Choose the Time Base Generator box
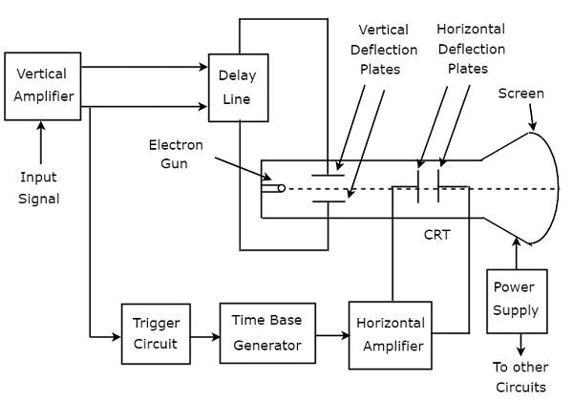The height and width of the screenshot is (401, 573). tap(266, 333)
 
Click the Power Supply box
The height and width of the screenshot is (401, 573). tap(516, 300)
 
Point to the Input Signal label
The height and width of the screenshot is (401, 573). tap(39, 187)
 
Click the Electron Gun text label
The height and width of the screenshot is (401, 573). tap(175, 154)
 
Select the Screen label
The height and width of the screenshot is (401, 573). tap(521, 94)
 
